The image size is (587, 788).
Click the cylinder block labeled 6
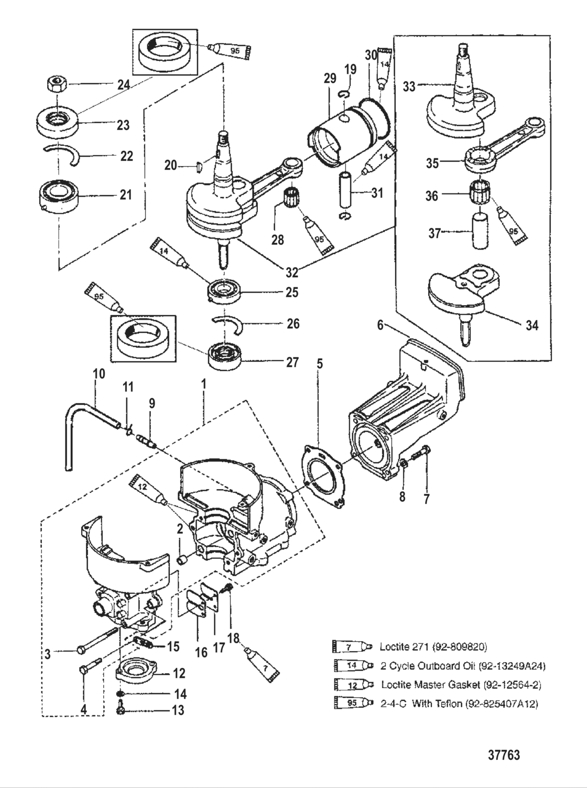point(409,409)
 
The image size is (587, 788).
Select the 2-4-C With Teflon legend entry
point(459,704)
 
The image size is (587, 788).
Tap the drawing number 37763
point(504,755)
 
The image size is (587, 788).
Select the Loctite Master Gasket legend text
point(461,685)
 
